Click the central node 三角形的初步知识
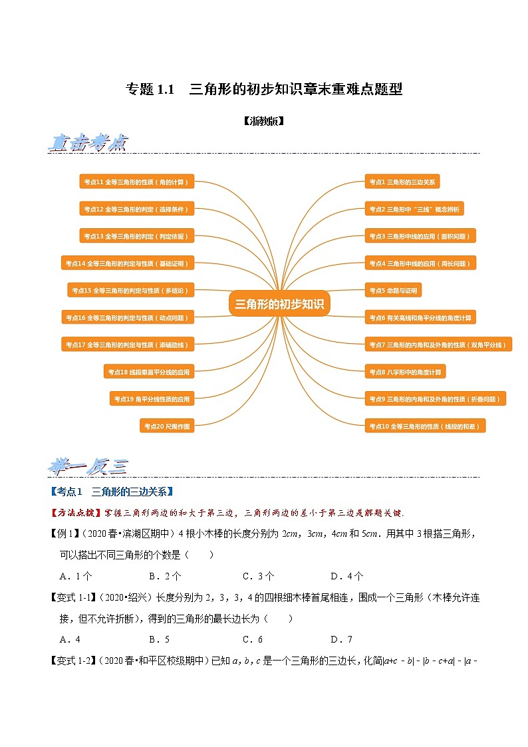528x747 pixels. pyautogui.click(x=279, y=304)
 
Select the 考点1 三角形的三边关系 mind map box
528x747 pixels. pyautogui.click(x=403, y=182)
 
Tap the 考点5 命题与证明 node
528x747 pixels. pyautogui.click(x=393, y=290)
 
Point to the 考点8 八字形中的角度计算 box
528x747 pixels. pyautogui.click(x=405, y=371)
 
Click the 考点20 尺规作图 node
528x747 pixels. pyautogui.click(x=167, y=426)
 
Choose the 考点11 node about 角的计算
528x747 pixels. pyautogui.click(x=136, y=182)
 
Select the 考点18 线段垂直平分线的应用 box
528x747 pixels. pyautogui.click(x=149, y=371)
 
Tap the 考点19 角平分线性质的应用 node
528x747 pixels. pyautogui.click(x=152, y=398)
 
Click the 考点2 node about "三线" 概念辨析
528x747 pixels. pyautogui.click(x=414, y=209)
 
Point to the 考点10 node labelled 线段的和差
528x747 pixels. pyautogui.click(x=425, y=426)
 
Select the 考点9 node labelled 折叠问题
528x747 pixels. pyautogui.click(x=436, y=398)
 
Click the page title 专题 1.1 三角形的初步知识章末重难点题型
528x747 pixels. pyautogui.click(x=264, y=89)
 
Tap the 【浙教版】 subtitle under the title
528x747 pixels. pyautogui.click(x=263, y=121)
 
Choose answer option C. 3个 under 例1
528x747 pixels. pyautogui.click(x=258, y=576)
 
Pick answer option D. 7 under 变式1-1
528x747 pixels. pyautogui.click(x=341, y=639)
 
